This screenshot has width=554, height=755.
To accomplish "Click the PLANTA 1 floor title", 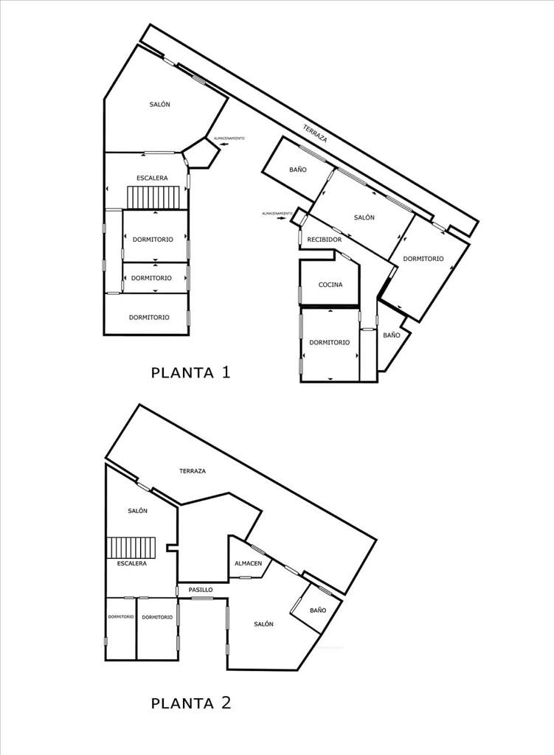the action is click(x=191, y=372).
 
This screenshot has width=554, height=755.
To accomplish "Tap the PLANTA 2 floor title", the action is click(x=191, y=703).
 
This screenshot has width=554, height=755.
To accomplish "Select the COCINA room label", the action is click(x=330, y=285).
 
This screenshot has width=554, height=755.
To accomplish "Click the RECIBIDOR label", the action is click(x=325, y=240).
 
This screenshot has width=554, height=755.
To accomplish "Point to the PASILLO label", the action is click(x=201, y=589).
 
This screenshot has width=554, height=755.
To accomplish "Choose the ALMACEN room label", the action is click(x=249, y=563).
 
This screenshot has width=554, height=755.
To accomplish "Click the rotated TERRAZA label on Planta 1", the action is click(x=315, y=133).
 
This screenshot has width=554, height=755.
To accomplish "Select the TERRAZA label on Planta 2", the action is click(x=193, y=471).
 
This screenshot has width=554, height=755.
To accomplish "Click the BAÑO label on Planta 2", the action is click(x=318, y=610).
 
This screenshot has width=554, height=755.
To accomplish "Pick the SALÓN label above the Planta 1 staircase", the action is click(x=159, y=104).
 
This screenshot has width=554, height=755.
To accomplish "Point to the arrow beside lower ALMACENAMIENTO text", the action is click(x=281, y=218).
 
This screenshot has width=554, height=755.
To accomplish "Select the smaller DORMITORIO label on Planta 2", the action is click(x=121, y=617).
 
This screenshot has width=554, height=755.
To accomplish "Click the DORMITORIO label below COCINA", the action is click(x=330, y=342).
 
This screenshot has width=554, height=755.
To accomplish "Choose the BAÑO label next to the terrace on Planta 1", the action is click(x=298, y=170).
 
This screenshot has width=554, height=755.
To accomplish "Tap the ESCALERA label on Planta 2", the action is click(x=131, y=563).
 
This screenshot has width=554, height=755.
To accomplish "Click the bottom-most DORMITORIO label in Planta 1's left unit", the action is click(x=149, y=317).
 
